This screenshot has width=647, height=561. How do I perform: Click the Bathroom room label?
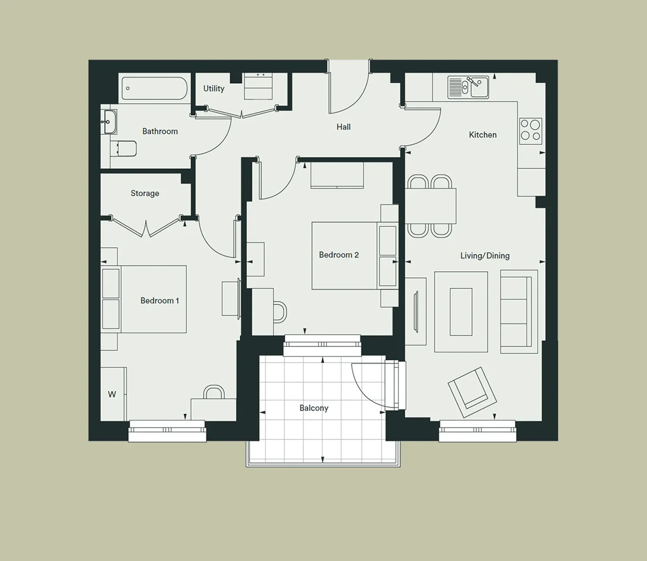[160, 131]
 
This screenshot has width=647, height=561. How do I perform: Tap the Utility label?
[214, 88]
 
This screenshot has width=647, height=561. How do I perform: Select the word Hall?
[343, 127]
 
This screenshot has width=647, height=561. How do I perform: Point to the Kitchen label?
[483, 135]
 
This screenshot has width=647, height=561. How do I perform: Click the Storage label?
[145, 193]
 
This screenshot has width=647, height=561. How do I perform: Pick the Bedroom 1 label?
[160, 301]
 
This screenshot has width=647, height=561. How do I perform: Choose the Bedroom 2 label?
[339, 255]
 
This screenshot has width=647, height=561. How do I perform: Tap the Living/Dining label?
[485, 256]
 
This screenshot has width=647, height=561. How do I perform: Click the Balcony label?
[314, 408]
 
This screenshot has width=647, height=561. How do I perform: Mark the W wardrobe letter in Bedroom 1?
[112, 394]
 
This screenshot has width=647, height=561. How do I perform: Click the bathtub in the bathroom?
[154, 88]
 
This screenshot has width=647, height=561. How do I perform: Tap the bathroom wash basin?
[109, 122]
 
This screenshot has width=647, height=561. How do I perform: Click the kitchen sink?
[468, 87]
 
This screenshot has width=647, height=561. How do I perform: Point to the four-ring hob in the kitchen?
[531, 131]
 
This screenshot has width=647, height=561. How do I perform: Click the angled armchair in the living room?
[472, 392]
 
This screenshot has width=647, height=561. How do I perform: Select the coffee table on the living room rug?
[461, 312]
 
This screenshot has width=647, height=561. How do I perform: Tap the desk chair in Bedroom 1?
[214, 391]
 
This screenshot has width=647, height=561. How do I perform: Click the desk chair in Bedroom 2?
[280, 312]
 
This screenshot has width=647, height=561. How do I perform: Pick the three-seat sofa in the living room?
[519, 312]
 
